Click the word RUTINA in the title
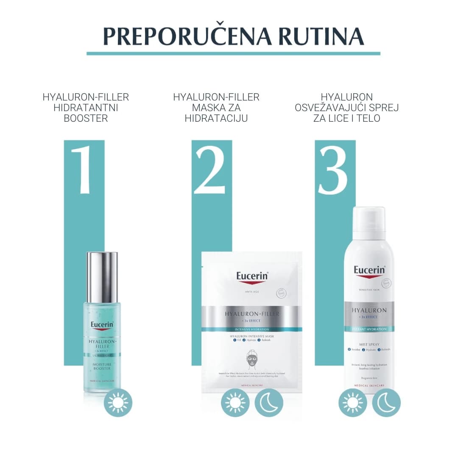pyautogui.click(x=321, y=36)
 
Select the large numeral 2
pyautogui.click(x=210, y=170)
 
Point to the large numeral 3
pyautogui.click(x=333, y=170)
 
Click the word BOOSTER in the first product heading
pyautogui.click(x=86, y=118)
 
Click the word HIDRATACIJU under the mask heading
pyautogui.click(x=216, y=118)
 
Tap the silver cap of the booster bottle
pyautogui.click(x=102, y=271)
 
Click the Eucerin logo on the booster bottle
pyautogui.click(x=102, y=326)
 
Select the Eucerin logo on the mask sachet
pyautogui.click(x=252, y=276)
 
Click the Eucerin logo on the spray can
pyautogui.click(x=369, y=270)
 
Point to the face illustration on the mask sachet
pyautogui.click(x=252, y=360)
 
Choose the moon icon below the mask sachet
pyautogui.click(x=269, y=402)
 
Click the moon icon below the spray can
pyautogui.click(x=386, y=402)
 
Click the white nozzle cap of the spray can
pyautogui.click(x=369, y=223)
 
